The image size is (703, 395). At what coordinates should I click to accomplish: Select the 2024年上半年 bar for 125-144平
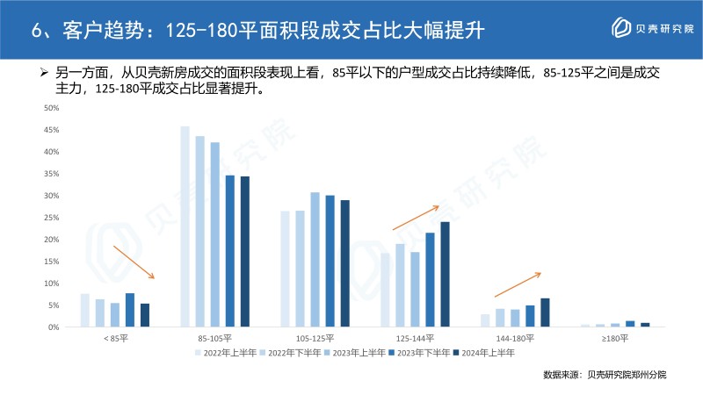pos(445,274)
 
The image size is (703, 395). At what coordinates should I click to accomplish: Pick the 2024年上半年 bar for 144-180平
pos(545,312)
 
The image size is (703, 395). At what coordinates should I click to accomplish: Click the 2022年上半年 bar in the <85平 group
pos(84,310)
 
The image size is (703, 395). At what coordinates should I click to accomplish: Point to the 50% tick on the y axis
pos(51,108)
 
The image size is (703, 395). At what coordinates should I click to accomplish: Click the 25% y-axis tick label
pos(51,218)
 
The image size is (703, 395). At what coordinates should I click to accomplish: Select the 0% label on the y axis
pos(54,327)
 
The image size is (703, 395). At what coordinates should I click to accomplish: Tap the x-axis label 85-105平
pos(214,338)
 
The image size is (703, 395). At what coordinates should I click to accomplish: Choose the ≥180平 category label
pos(614,338)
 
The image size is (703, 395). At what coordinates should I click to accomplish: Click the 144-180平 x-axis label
pos(515,338)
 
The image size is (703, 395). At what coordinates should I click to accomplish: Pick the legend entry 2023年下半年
pos(417,352)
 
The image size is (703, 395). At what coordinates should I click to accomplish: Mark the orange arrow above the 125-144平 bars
pos(415,218)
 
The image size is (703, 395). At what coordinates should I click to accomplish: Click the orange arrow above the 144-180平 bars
pos(518,284)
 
